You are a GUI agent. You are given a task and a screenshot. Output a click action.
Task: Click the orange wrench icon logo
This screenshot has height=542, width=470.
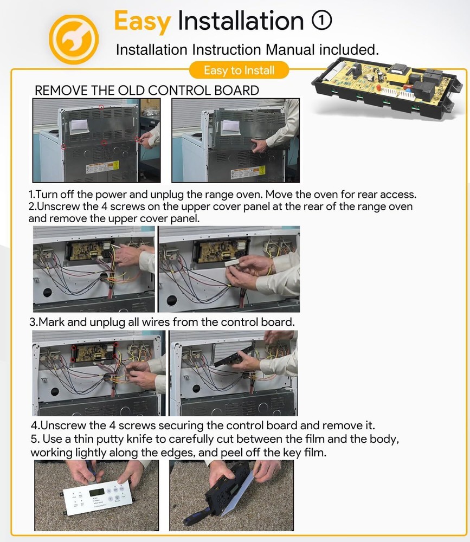pos(73,39)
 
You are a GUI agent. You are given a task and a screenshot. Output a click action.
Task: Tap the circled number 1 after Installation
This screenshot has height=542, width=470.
pos(321,21)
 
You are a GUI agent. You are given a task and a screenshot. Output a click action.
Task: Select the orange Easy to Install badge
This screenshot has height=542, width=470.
pos(239,70)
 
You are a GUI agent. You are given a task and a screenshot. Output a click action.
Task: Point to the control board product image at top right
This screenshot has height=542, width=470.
pos(387,88)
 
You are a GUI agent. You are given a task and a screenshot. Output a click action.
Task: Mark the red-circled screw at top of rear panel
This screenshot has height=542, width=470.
pos(101,107)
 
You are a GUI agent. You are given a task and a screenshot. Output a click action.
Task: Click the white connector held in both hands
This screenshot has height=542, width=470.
pos(233,263)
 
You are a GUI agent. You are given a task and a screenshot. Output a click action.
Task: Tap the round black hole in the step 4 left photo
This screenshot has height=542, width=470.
pos(55,392)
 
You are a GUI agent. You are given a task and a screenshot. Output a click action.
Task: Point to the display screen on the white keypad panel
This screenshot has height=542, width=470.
pos(96,492)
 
